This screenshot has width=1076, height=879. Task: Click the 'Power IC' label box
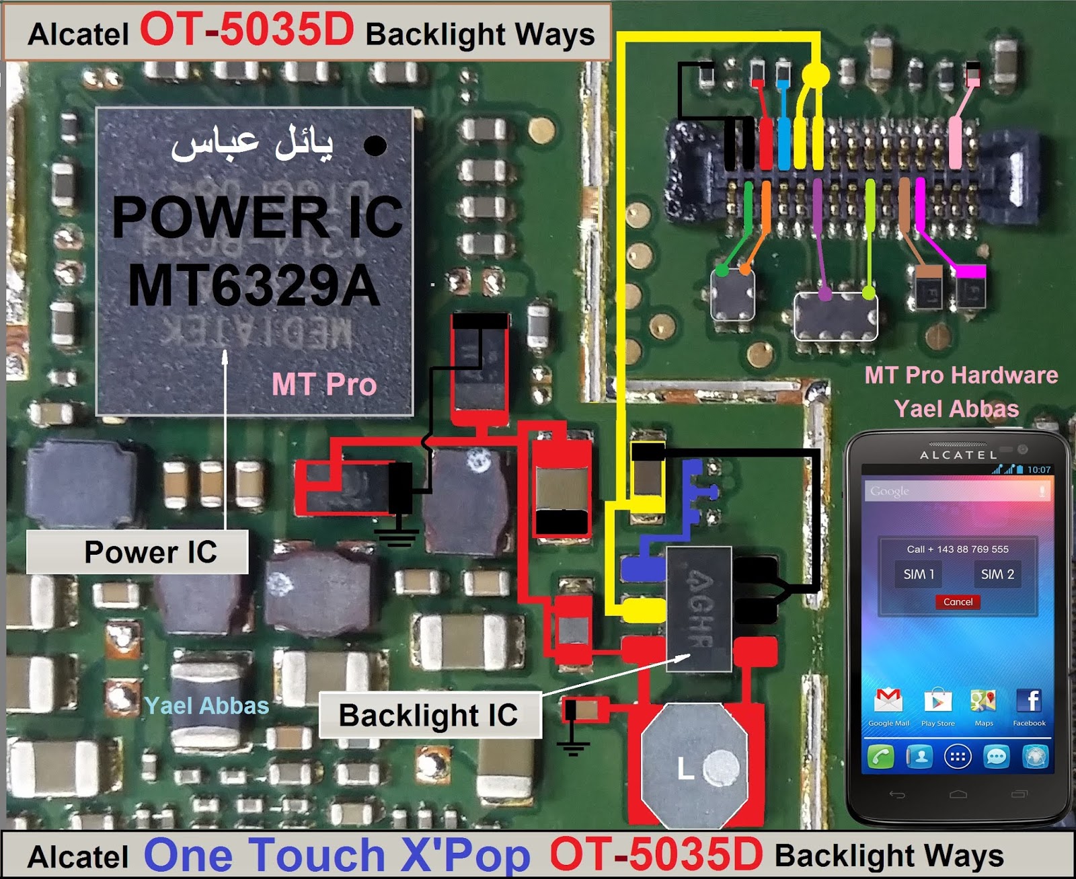137,551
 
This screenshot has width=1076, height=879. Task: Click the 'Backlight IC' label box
429,715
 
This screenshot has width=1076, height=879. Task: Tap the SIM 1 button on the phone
919,574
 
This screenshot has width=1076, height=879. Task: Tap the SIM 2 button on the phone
997,574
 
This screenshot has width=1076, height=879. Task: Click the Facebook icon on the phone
1029,701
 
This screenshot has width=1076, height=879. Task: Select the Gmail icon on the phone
888,701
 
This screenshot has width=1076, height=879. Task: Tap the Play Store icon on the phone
937,701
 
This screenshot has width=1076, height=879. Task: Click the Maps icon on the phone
983,701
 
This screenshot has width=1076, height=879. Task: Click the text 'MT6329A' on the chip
254,286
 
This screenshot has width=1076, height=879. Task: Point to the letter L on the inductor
685,768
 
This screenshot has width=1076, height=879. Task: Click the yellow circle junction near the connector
816,74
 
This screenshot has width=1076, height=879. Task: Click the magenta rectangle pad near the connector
970,271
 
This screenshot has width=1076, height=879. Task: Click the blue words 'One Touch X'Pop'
337,855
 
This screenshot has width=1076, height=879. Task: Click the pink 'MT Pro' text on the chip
324,385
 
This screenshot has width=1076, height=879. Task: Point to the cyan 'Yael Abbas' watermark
207,705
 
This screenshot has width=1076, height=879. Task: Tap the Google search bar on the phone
958,491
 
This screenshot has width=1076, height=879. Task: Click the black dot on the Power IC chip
375,145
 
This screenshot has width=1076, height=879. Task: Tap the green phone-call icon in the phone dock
881,757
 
